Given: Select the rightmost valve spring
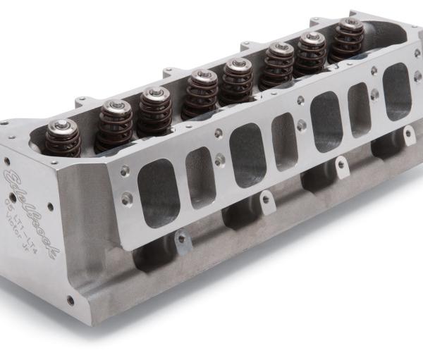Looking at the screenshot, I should [x=348, y=40].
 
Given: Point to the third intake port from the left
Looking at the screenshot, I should [x=245, y=156].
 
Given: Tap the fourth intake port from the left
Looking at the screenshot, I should [x=283, y=141].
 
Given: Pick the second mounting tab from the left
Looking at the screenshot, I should [x=266, y=201].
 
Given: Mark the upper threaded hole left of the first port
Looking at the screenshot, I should [x=124, y=170].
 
